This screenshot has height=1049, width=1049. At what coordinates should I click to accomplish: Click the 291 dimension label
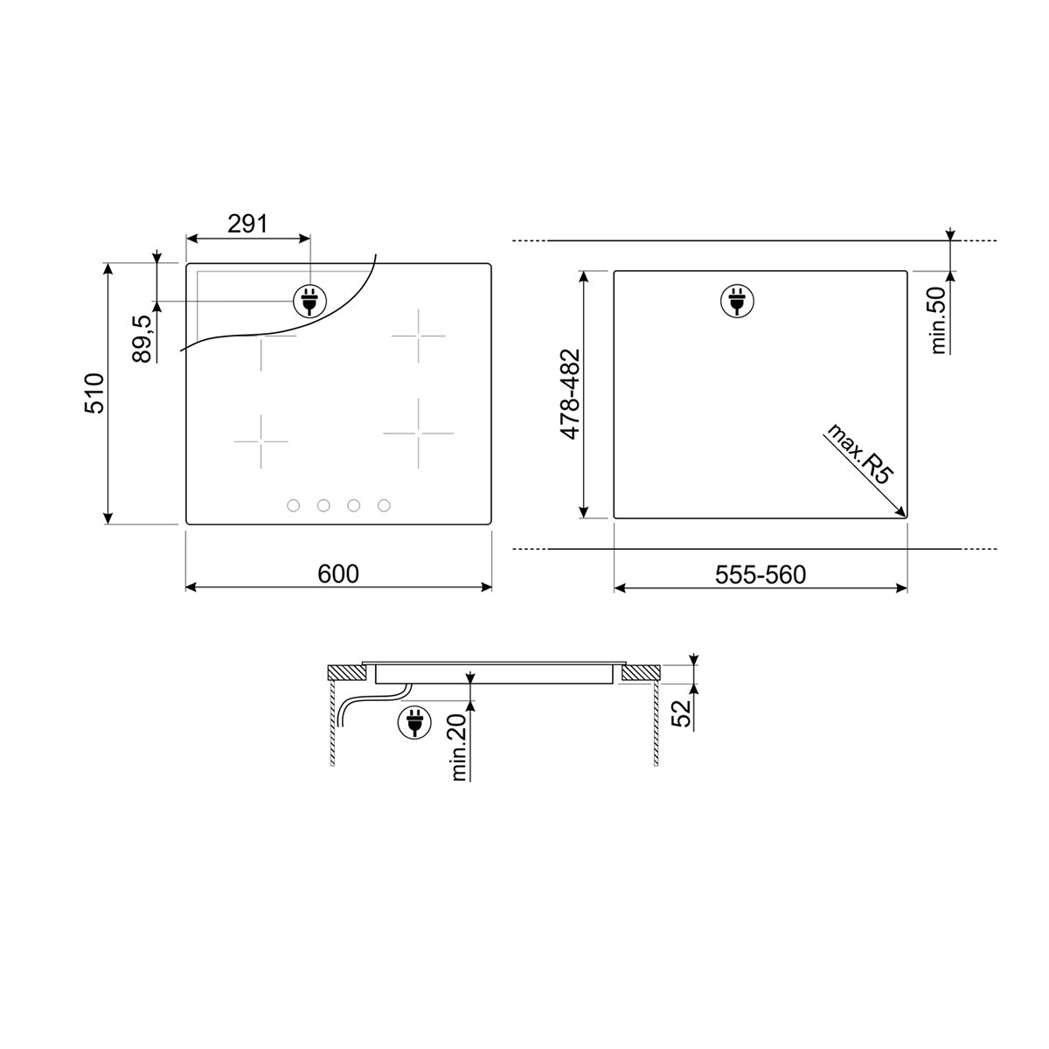click(247, 224)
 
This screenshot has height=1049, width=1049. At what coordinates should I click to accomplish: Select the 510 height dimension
click(94, 393)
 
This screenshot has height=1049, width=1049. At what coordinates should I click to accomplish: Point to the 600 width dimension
click(338, 573)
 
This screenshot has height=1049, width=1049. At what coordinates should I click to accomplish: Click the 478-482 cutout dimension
click(571, 394)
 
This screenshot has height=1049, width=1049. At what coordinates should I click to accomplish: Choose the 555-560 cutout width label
click(760, 575)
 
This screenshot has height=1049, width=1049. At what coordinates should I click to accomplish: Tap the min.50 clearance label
click(939, 320)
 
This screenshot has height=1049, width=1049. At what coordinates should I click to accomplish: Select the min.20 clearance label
click(459, 747)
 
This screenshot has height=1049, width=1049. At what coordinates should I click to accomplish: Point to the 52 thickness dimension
click(681, 713)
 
